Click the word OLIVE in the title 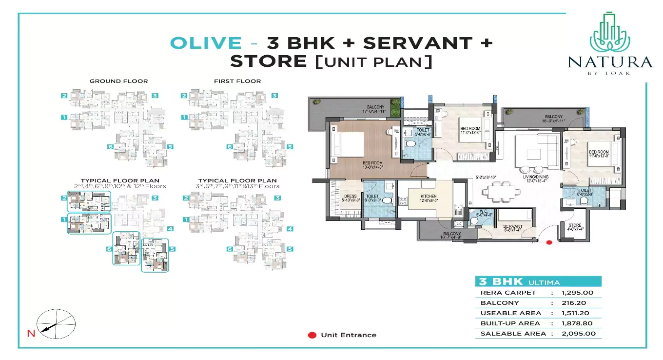point(205,43)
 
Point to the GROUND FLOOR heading point(118,81)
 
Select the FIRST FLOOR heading point(237,81)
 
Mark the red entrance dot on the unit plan point(549,242)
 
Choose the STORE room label point(575,225)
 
